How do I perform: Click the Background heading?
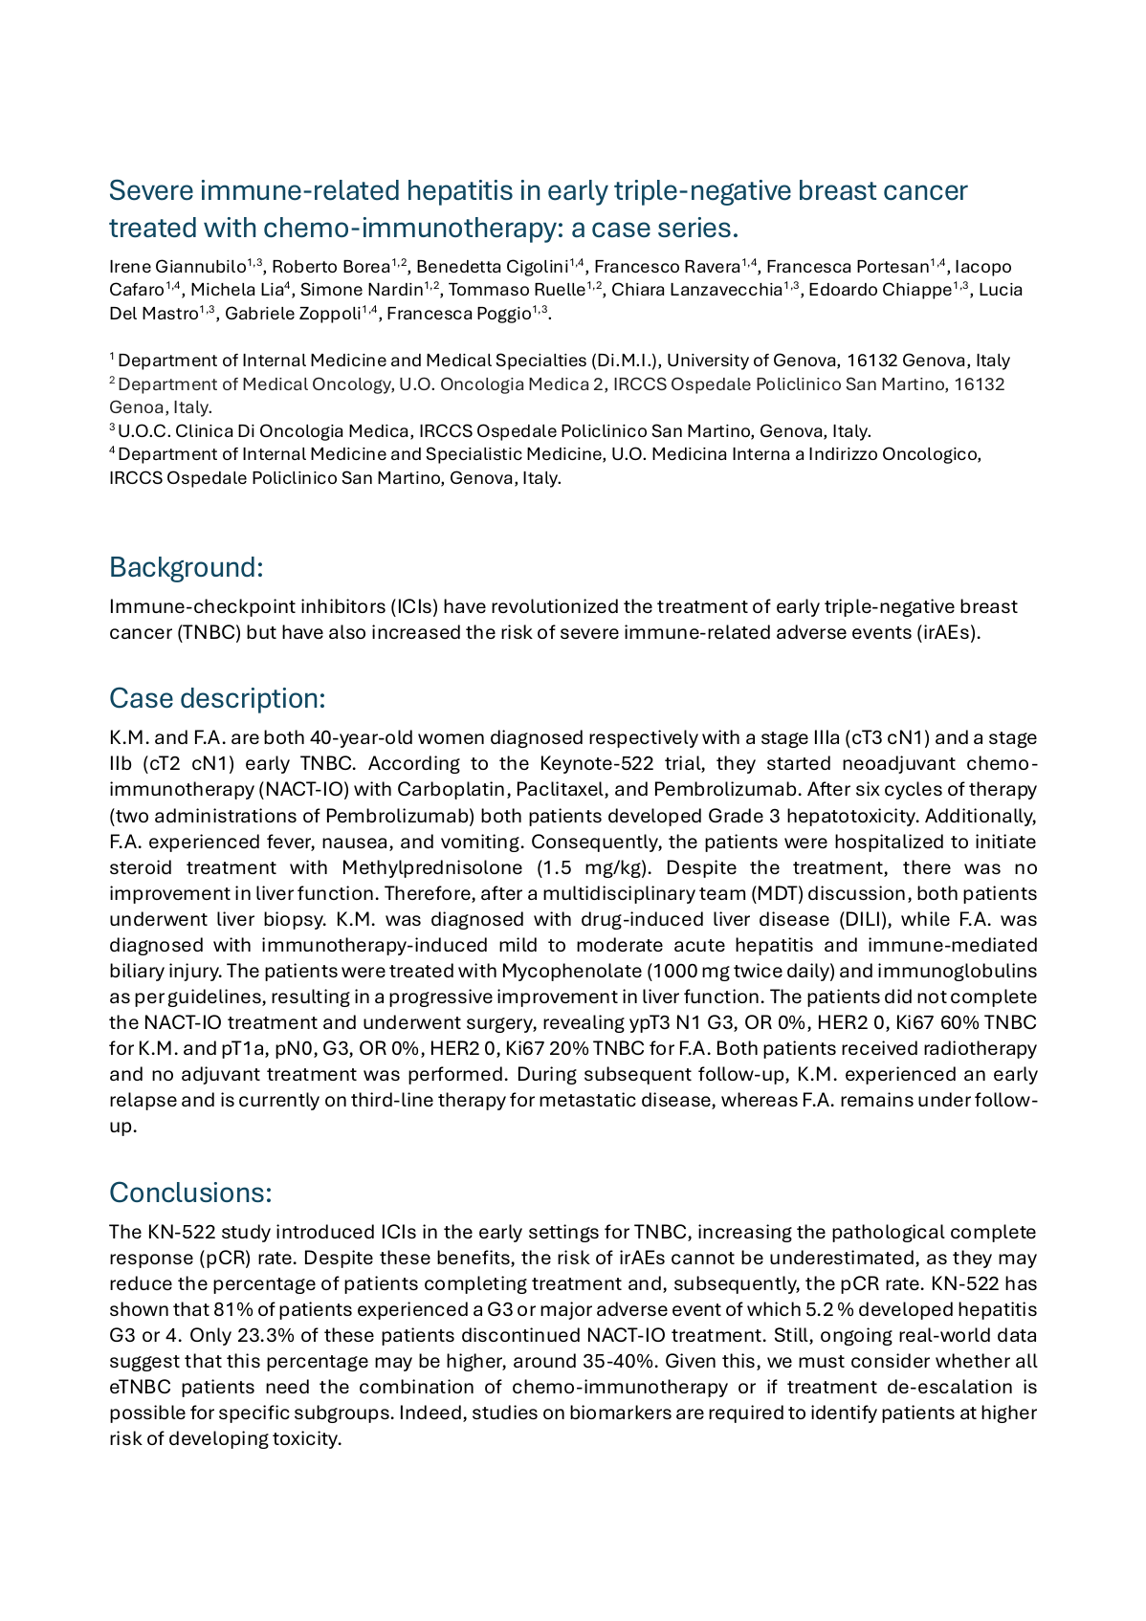186,568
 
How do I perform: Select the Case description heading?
217,699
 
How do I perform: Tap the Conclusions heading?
190,1194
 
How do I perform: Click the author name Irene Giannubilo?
178,267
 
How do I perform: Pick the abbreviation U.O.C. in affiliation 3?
142,431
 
